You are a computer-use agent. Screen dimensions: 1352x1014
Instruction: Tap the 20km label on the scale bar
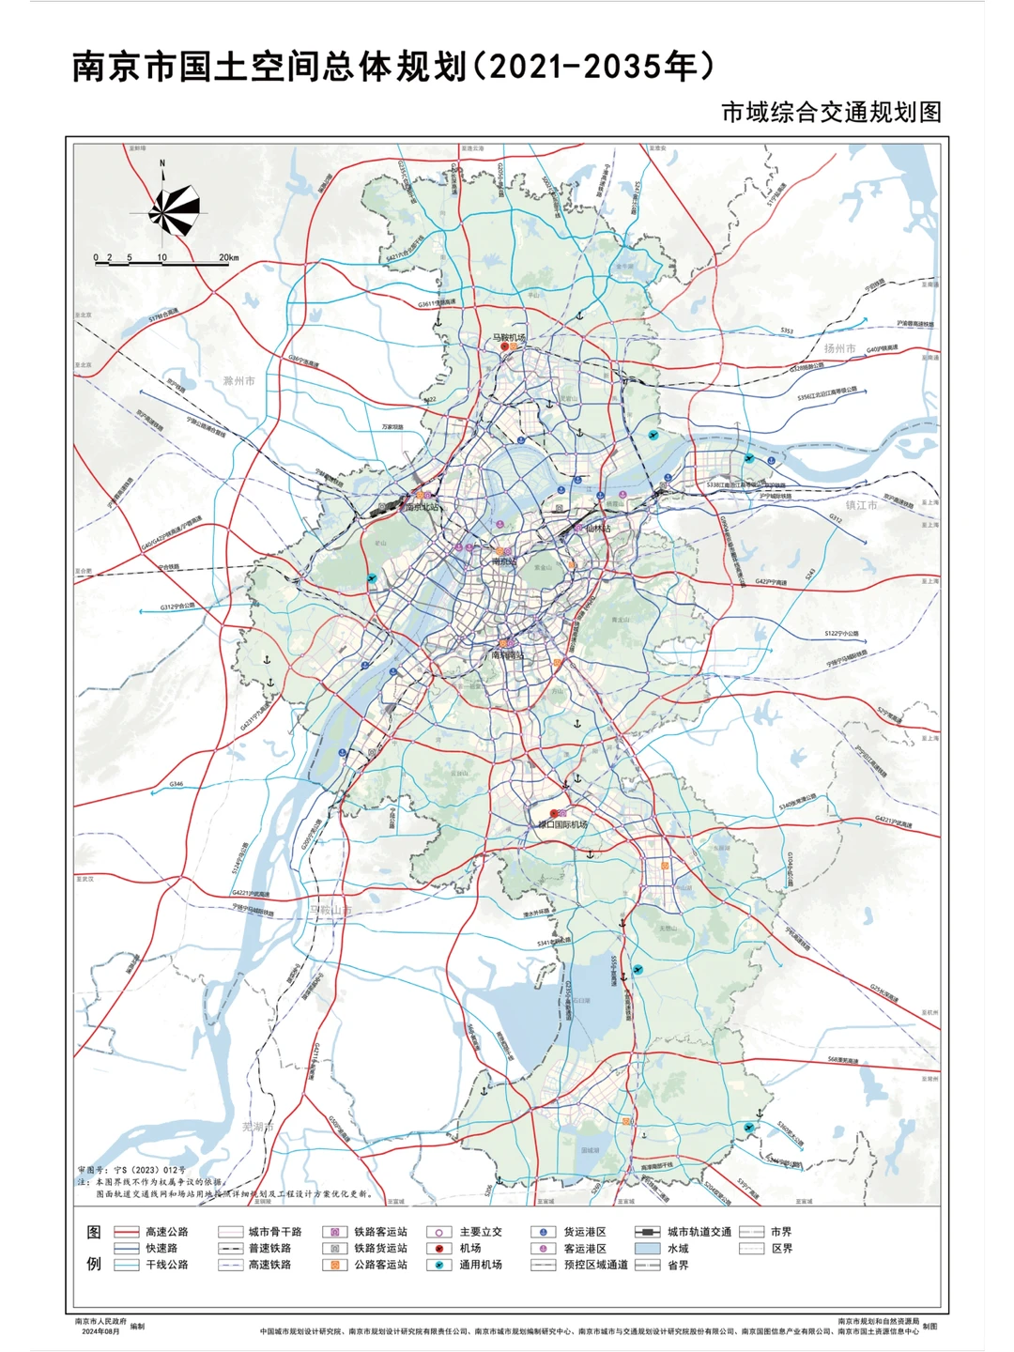(x=228, y=257)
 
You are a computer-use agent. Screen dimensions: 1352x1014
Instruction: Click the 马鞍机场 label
(x=509, y=338)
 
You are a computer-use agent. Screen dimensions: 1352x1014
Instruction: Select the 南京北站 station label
(x=422, y=507)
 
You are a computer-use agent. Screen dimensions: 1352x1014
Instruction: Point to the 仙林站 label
(x=598, y=529)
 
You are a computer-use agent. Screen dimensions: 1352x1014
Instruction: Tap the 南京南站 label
(x=508, y=655)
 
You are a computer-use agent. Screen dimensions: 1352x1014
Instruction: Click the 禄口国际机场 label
(x=562, y=824)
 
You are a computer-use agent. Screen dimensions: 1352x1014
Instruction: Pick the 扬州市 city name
(x=839, y=348)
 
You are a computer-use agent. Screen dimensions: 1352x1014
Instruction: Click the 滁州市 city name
(x=239, y=381)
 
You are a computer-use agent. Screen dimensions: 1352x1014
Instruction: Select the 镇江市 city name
(x=861, y=505)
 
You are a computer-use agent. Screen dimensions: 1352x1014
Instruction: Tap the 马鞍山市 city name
(x=330, y=911)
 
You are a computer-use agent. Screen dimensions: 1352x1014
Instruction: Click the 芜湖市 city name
(x=258, y=1127)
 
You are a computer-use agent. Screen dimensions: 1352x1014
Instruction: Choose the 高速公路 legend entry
(x=166, y=1232)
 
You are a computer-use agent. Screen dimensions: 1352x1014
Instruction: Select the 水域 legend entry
(x=677, y=1249)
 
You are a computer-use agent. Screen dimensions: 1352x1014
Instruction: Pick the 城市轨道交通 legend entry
(x=699, y=1232)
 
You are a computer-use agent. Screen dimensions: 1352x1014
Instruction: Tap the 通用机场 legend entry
(x=480, y=1265)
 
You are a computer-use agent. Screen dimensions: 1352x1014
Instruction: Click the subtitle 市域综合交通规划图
(x=831, y=112)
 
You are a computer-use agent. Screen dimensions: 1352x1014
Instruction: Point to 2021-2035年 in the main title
(x=601, y=67)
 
